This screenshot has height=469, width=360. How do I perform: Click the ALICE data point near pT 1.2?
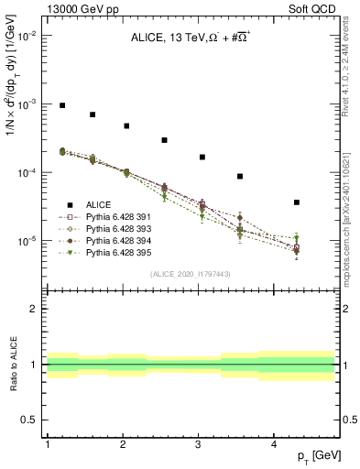62,105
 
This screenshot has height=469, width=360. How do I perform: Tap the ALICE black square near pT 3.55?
240,176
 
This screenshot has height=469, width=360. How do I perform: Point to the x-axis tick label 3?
199,443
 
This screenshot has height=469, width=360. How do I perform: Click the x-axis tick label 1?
47,443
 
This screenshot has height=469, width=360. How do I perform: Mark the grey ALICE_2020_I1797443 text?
191,274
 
